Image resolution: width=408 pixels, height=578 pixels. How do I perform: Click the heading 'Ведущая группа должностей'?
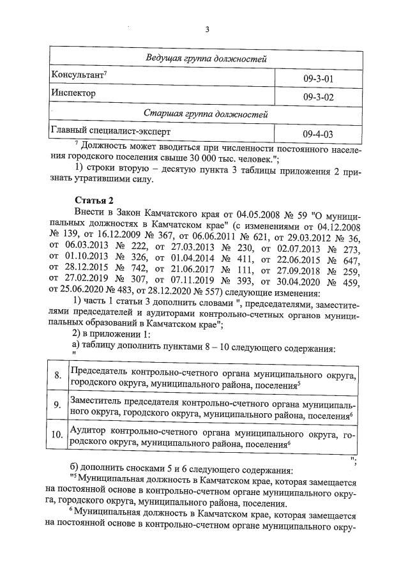(x=204, y=59)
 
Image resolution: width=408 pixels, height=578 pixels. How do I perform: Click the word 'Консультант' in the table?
(x=74, y=76)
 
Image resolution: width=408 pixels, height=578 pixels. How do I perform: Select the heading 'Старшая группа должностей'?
(x=204, y=115)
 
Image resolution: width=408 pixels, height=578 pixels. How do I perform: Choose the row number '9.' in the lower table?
(x=57, y=405)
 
